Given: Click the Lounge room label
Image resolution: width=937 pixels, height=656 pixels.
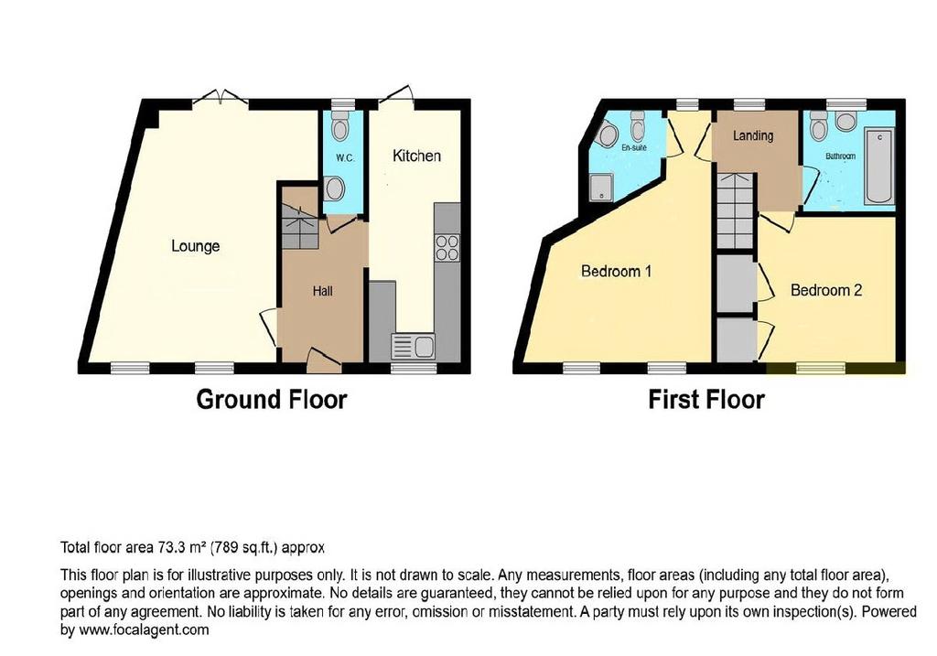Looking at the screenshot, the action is [196, 246].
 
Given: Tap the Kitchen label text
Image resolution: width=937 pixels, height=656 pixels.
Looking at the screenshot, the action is [416, 156].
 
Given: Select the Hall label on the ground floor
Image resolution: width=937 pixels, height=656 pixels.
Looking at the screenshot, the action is [323, 291].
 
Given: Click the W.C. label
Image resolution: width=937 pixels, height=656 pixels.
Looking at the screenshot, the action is [345, 158].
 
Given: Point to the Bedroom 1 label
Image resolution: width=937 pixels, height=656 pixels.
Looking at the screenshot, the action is [616, 271].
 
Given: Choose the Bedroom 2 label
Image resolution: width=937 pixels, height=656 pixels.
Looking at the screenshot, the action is [826, 290].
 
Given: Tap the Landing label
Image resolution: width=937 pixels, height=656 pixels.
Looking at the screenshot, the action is [753, 135].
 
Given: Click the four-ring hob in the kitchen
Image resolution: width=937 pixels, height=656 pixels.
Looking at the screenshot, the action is [447, 249].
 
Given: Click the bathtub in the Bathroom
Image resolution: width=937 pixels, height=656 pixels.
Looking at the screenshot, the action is [880, 167].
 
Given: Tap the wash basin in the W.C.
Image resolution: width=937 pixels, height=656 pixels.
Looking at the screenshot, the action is [334, 189].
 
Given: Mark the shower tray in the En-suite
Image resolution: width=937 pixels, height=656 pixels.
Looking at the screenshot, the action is [600, 188].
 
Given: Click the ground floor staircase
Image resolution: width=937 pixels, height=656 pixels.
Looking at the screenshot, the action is [299, 227].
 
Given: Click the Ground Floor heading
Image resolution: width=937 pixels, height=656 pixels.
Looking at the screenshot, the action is [271, 400].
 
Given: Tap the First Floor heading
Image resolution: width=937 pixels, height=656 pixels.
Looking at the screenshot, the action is [706, 400].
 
